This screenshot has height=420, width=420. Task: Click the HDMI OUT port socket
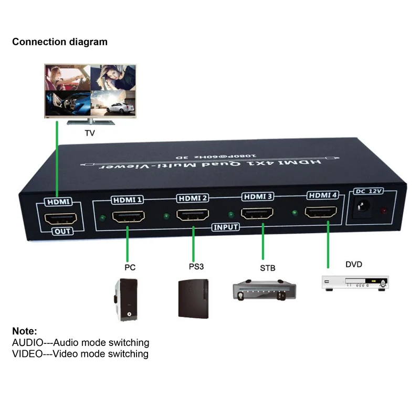click(61, 218)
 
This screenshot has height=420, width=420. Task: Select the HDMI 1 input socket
click(129, 216)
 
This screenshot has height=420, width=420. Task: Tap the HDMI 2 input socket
click(193, 215)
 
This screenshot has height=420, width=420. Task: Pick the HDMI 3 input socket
click(257, 213)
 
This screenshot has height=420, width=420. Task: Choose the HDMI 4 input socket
click(321, 212)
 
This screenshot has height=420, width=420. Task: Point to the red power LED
click(384, 211)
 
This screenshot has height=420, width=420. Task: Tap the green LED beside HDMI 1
click(102, 218)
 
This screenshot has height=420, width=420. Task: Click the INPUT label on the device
click(226, 227)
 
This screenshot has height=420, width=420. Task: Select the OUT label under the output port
click(62, 231)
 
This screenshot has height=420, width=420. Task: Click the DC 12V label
click(369, 191)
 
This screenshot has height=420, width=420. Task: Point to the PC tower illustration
click(126, 300)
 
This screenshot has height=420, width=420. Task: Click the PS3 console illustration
click(193, 299)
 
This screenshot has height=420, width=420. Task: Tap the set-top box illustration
click(265, 290)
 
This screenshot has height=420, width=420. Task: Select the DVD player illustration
click(355, 283)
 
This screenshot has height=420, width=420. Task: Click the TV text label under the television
click(90, 133)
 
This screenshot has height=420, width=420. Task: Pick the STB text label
click(268, 268)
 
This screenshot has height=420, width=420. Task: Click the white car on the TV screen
click(120, 108)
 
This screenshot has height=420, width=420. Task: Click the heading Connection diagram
click(60, 42)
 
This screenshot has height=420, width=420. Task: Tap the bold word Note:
click(25, 331)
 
